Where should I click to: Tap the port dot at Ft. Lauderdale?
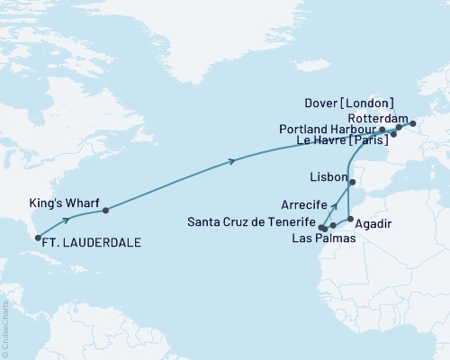coord(38,238)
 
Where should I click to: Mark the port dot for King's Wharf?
coord(105,211)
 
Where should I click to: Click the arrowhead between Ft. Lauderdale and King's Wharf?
coord(67,220)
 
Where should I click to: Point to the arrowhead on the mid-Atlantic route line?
coord(234,161)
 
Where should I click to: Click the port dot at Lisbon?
coord(353,183)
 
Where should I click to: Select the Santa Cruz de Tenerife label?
coord(253,221)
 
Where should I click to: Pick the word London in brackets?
coord(370,102)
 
